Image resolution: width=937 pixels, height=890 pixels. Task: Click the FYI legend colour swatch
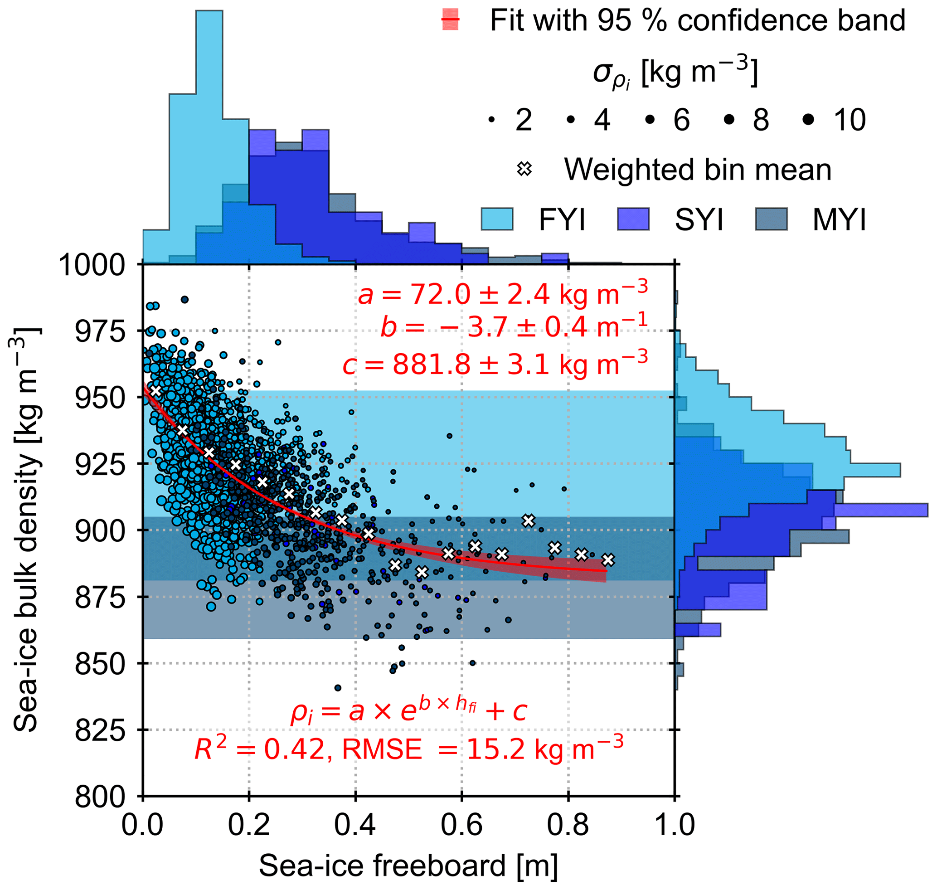tap(497, 219)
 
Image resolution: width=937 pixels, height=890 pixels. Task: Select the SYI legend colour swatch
tap(633, 219)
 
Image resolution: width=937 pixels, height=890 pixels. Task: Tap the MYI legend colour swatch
tap(771, 219)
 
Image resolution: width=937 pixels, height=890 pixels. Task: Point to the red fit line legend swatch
tap(450, 20)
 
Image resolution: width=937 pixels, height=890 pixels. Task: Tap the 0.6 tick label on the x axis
tap(461, 826)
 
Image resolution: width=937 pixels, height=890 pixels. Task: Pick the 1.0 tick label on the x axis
tap(674, 826)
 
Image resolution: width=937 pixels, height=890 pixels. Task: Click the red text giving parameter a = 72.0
tap(503, 295)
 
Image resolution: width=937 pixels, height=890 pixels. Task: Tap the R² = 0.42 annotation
tap(408, 750)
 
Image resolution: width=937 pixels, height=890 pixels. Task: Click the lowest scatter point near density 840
tap(338, 688)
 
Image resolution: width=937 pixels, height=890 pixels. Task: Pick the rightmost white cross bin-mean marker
tap(608, 560)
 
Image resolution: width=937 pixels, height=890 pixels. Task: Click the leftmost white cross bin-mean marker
tap(155, 391)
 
